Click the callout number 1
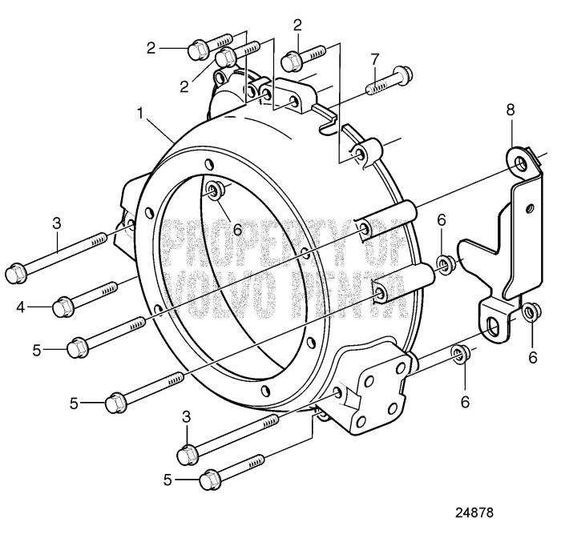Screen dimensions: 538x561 point(141,114)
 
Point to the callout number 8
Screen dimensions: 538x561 point(511,109)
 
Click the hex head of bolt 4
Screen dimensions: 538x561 point(64,306)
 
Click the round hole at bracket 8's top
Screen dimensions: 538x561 point(522,165)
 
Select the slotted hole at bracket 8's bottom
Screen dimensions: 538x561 point(494,323)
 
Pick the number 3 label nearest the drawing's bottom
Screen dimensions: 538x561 point(188,416)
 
